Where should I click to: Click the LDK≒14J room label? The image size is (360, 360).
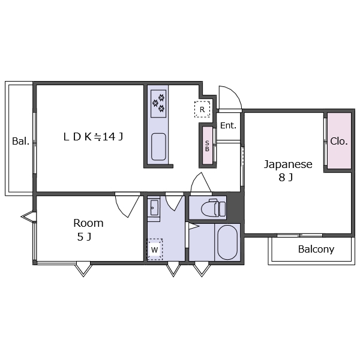click(93, 137)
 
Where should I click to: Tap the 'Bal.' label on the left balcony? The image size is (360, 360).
click(20, 141)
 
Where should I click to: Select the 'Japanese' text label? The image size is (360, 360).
click(288, 164)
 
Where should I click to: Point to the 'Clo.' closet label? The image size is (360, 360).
click(339, 141)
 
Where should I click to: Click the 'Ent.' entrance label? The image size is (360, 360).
click(228, 125)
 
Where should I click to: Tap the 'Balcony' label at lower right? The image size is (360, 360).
click(316, 250)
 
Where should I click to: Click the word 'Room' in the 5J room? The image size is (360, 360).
click(88, 223)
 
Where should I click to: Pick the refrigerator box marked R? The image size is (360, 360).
click(202, 109)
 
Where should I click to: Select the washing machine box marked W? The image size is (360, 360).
click(155, 250)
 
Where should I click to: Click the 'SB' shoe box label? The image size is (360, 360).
click(207, 146)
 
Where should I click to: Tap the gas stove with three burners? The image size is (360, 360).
click(158, 104)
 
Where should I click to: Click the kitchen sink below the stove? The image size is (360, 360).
click(158, 147)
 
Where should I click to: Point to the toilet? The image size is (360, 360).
click(213, 208)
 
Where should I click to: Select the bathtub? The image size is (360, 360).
click(227, 242)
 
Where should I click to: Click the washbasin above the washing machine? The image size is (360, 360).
click(154, 208)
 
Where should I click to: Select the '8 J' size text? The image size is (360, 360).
click(286, 178)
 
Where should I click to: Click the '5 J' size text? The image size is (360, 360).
click(84, 237)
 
